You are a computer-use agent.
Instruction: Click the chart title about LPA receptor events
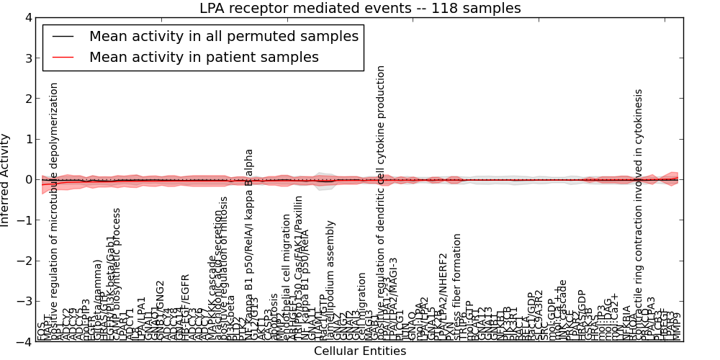(x=360, y=9)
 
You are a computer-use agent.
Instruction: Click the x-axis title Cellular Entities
(x=360, y=351)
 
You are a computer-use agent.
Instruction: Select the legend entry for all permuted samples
(x=223, y=37)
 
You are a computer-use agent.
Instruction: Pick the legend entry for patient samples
(x=204, y=57)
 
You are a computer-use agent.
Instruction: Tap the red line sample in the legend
(x=63, y=57)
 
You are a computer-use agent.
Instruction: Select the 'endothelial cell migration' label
(x=287, y=277)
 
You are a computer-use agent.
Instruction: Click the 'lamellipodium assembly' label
(x=331, y=281)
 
